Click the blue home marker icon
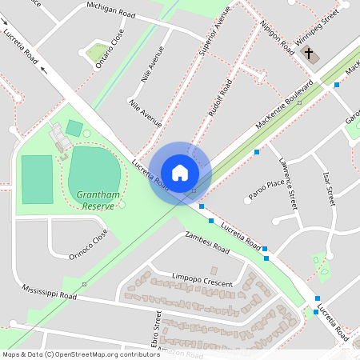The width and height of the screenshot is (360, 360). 180,172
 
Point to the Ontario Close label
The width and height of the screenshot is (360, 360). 110,50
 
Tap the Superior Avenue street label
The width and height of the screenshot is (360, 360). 215,38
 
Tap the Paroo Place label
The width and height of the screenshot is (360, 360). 266,190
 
